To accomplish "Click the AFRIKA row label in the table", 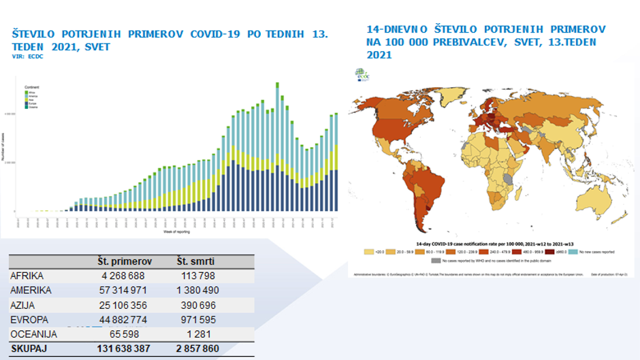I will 28,276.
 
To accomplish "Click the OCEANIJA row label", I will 34,334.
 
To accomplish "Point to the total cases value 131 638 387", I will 123,349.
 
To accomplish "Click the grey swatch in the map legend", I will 436,260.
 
